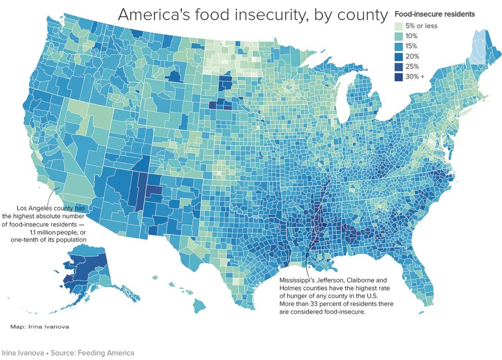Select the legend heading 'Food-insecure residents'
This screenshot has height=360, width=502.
[x=434, y=14]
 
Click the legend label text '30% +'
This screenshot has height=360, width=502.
[x=418, y=77]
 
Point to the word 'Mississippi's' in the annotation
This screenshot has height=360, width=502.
[x=298, y=280]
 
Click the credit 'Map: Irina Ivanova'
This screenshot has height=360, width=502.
[x=40, y=327]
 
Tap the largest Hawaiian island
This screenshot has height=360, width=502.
[x=199, y=306]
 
